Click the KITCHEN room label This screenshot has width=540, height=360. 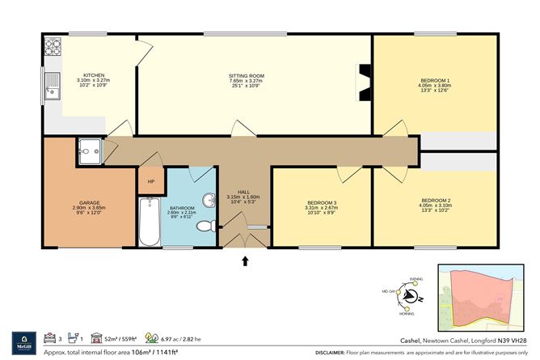pos(94,76)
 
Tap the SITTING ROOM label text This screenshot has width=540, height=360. pos(246,76)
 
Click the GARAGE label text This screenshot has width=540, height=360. pos(89,202)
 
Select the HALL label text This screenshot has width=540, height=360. pos(243,191)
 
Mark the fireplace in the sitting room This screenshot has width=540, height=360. pos(363,82)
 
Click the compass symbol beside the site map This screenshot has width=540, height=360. pos(410,298)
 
